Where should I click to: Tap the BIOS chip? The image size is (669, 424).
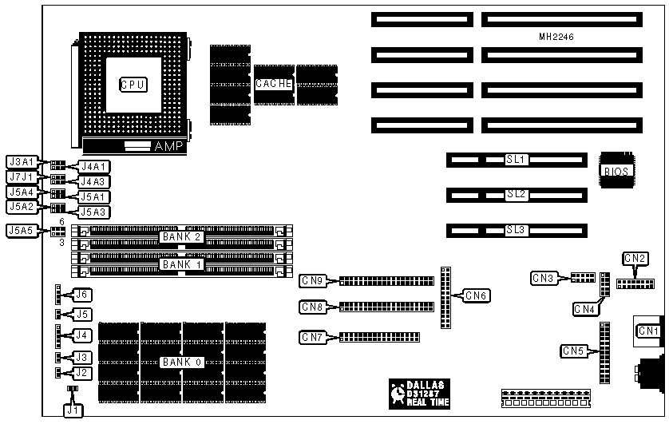coord(616,170)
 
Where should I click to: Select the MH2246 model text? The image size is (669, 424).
coord(556,37)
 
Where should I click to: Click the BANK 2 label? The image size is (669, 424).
coord(182,236)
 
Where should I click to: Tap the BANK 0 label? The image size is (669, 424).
coord(182,362)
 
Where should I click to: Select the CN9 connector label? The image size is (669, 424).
coord(312,280)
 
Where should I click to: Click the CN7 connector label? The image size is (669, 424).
coord(312,336)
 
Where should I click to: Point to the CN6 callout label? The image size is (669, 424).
coord(478,296)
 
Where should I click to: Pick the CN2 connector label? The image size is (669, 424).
coord(635,258)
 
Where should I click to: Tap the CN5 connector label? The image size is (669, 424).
coord(574,351)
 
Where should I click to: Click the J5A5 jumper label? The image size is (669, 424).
coord(19,231)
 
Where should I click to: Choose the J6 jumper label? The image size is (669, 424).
coord(81,295)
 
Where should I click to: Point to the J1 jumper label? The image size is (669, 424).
coord(73,410)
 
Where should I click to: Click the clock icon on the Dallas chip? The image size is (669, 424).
coord(398,393)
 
